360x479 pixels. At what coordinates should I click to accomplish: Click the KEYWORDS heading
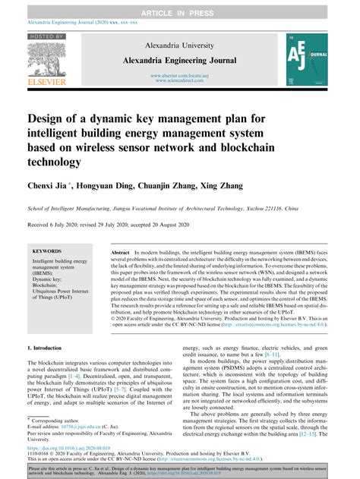tap(50, 251)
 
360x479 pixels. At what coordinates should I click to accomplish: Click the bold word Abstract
tap(122, 251)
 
